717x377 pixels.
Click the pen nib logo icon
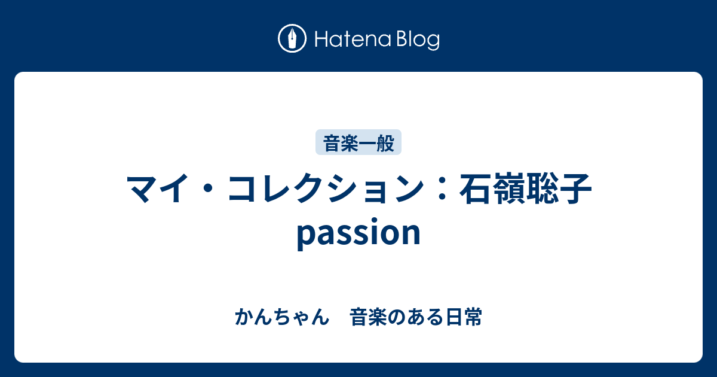point(292,38)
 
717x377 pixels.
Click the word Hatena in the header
point(353,39)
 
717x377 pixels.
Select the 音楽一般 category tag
point(358,142)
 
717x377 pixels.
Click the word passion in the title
point(358,233)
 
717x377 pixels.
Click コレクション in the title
point(326,188)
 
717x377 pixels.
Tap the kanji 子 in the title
point(575,188)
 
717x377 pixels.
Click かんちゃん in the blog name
point(282,317)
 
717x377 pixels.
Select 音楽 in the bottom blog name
point(368,317)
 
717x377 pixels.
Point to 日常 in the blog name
point(464,317)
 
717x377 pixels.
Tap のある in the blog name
point(416,317)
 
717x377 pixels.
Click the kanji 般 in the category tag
point(385,143)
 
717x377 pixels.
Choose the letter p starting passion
point(306,236)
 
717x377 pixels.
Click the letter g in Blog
point(432,42)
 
